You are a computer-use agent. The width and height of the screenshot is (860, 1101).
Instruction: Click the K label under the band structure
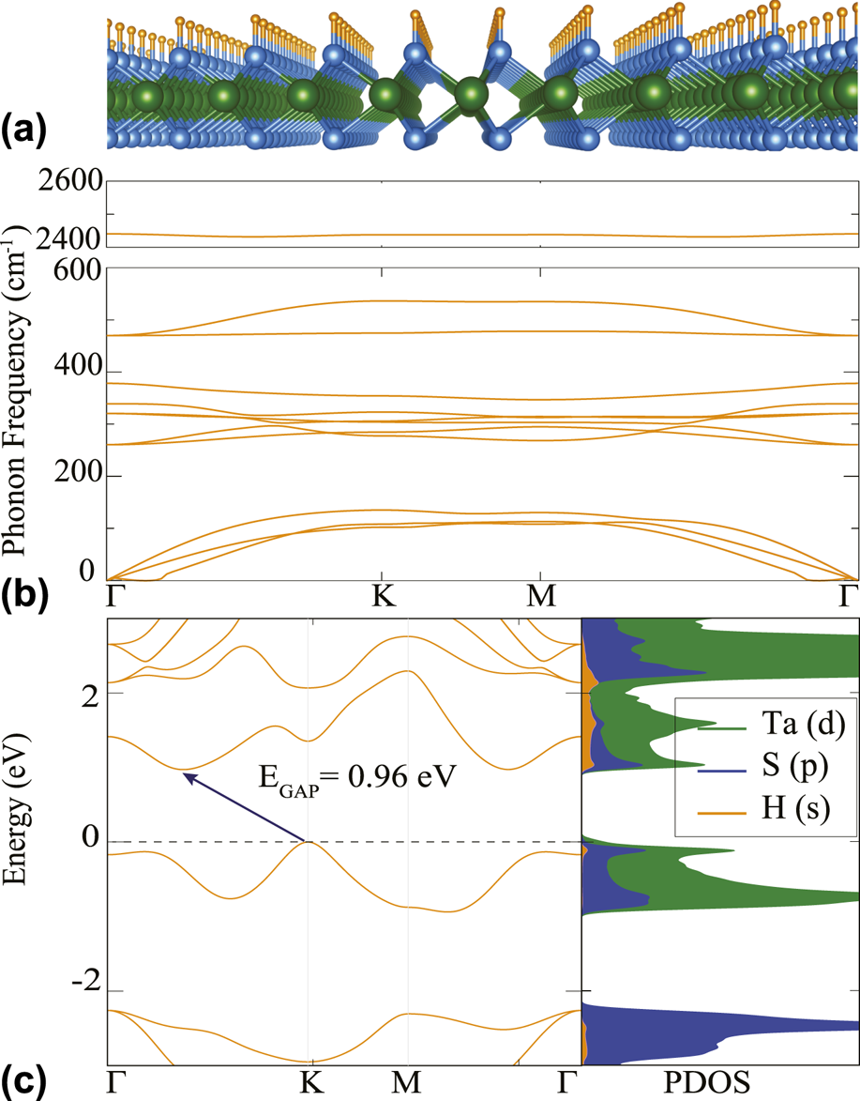[x=310, y=1082]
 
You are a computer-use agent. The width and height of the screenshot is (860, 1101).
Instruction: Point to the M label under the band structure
[x=408, y=1082]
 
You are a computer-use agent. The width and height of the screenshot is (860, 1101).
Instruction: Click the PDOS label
[x=719, y=1082]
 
